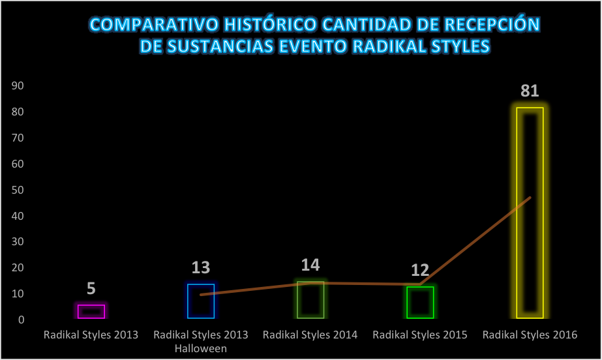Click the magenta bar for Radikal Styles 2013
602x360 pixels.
(x=91, y=311)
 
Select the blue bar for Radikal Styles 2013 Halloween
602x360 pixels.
(x=201, y=301)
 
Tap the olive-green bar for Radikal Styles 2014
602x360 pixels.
(x=310, y=300)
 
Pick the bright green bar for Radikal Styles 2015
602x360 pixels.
(x=420, y=303)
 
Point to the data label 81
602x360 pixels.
(x=530, y=91)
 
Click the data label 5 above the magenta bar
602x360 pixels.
(x=91, y=289)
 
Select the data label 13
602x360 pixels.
(x=201, y=267)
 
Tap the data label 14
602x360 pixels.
(x=310, y=265)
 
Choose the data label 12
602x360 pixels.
(x=420, y=271)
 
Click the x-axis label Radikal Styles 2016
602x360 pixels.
(x=530, y=335)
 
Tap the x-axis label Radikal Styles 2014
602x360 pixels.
(x=310, y=335)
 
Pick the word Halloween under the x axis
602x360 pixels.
(x=201, y=348)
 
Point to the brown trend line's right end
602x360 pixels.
(x=530, y=197)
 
